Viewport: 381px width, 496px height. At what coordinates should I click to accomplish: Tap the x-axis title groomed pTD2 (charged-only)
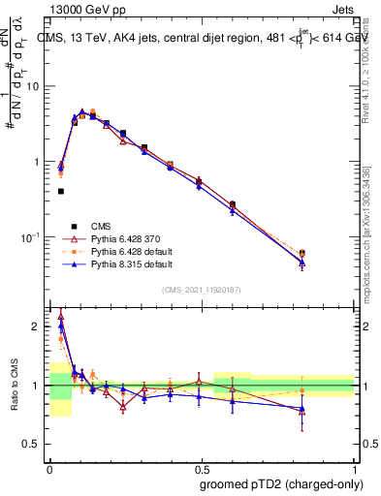[281, 484]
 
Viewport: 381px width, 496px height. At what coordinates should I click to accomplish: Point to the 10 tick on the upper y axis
[33, 86]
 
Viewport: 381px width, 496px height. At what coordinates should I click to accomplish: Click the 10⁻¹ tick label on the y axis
[29, 237]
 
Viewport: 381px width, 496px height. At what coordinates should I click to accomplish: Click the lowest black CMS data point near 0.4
[61, 192]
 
